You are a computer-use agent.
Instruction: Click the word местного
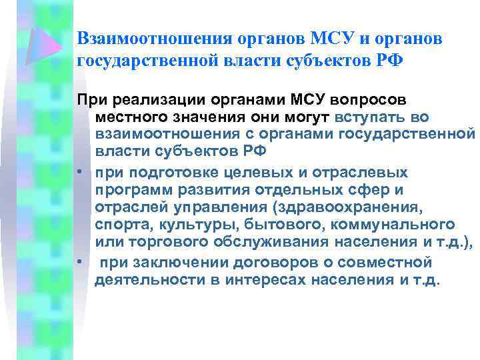click(x=129, y=117)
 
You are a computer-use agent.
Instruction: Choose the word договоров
click(x=269, y=262)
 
